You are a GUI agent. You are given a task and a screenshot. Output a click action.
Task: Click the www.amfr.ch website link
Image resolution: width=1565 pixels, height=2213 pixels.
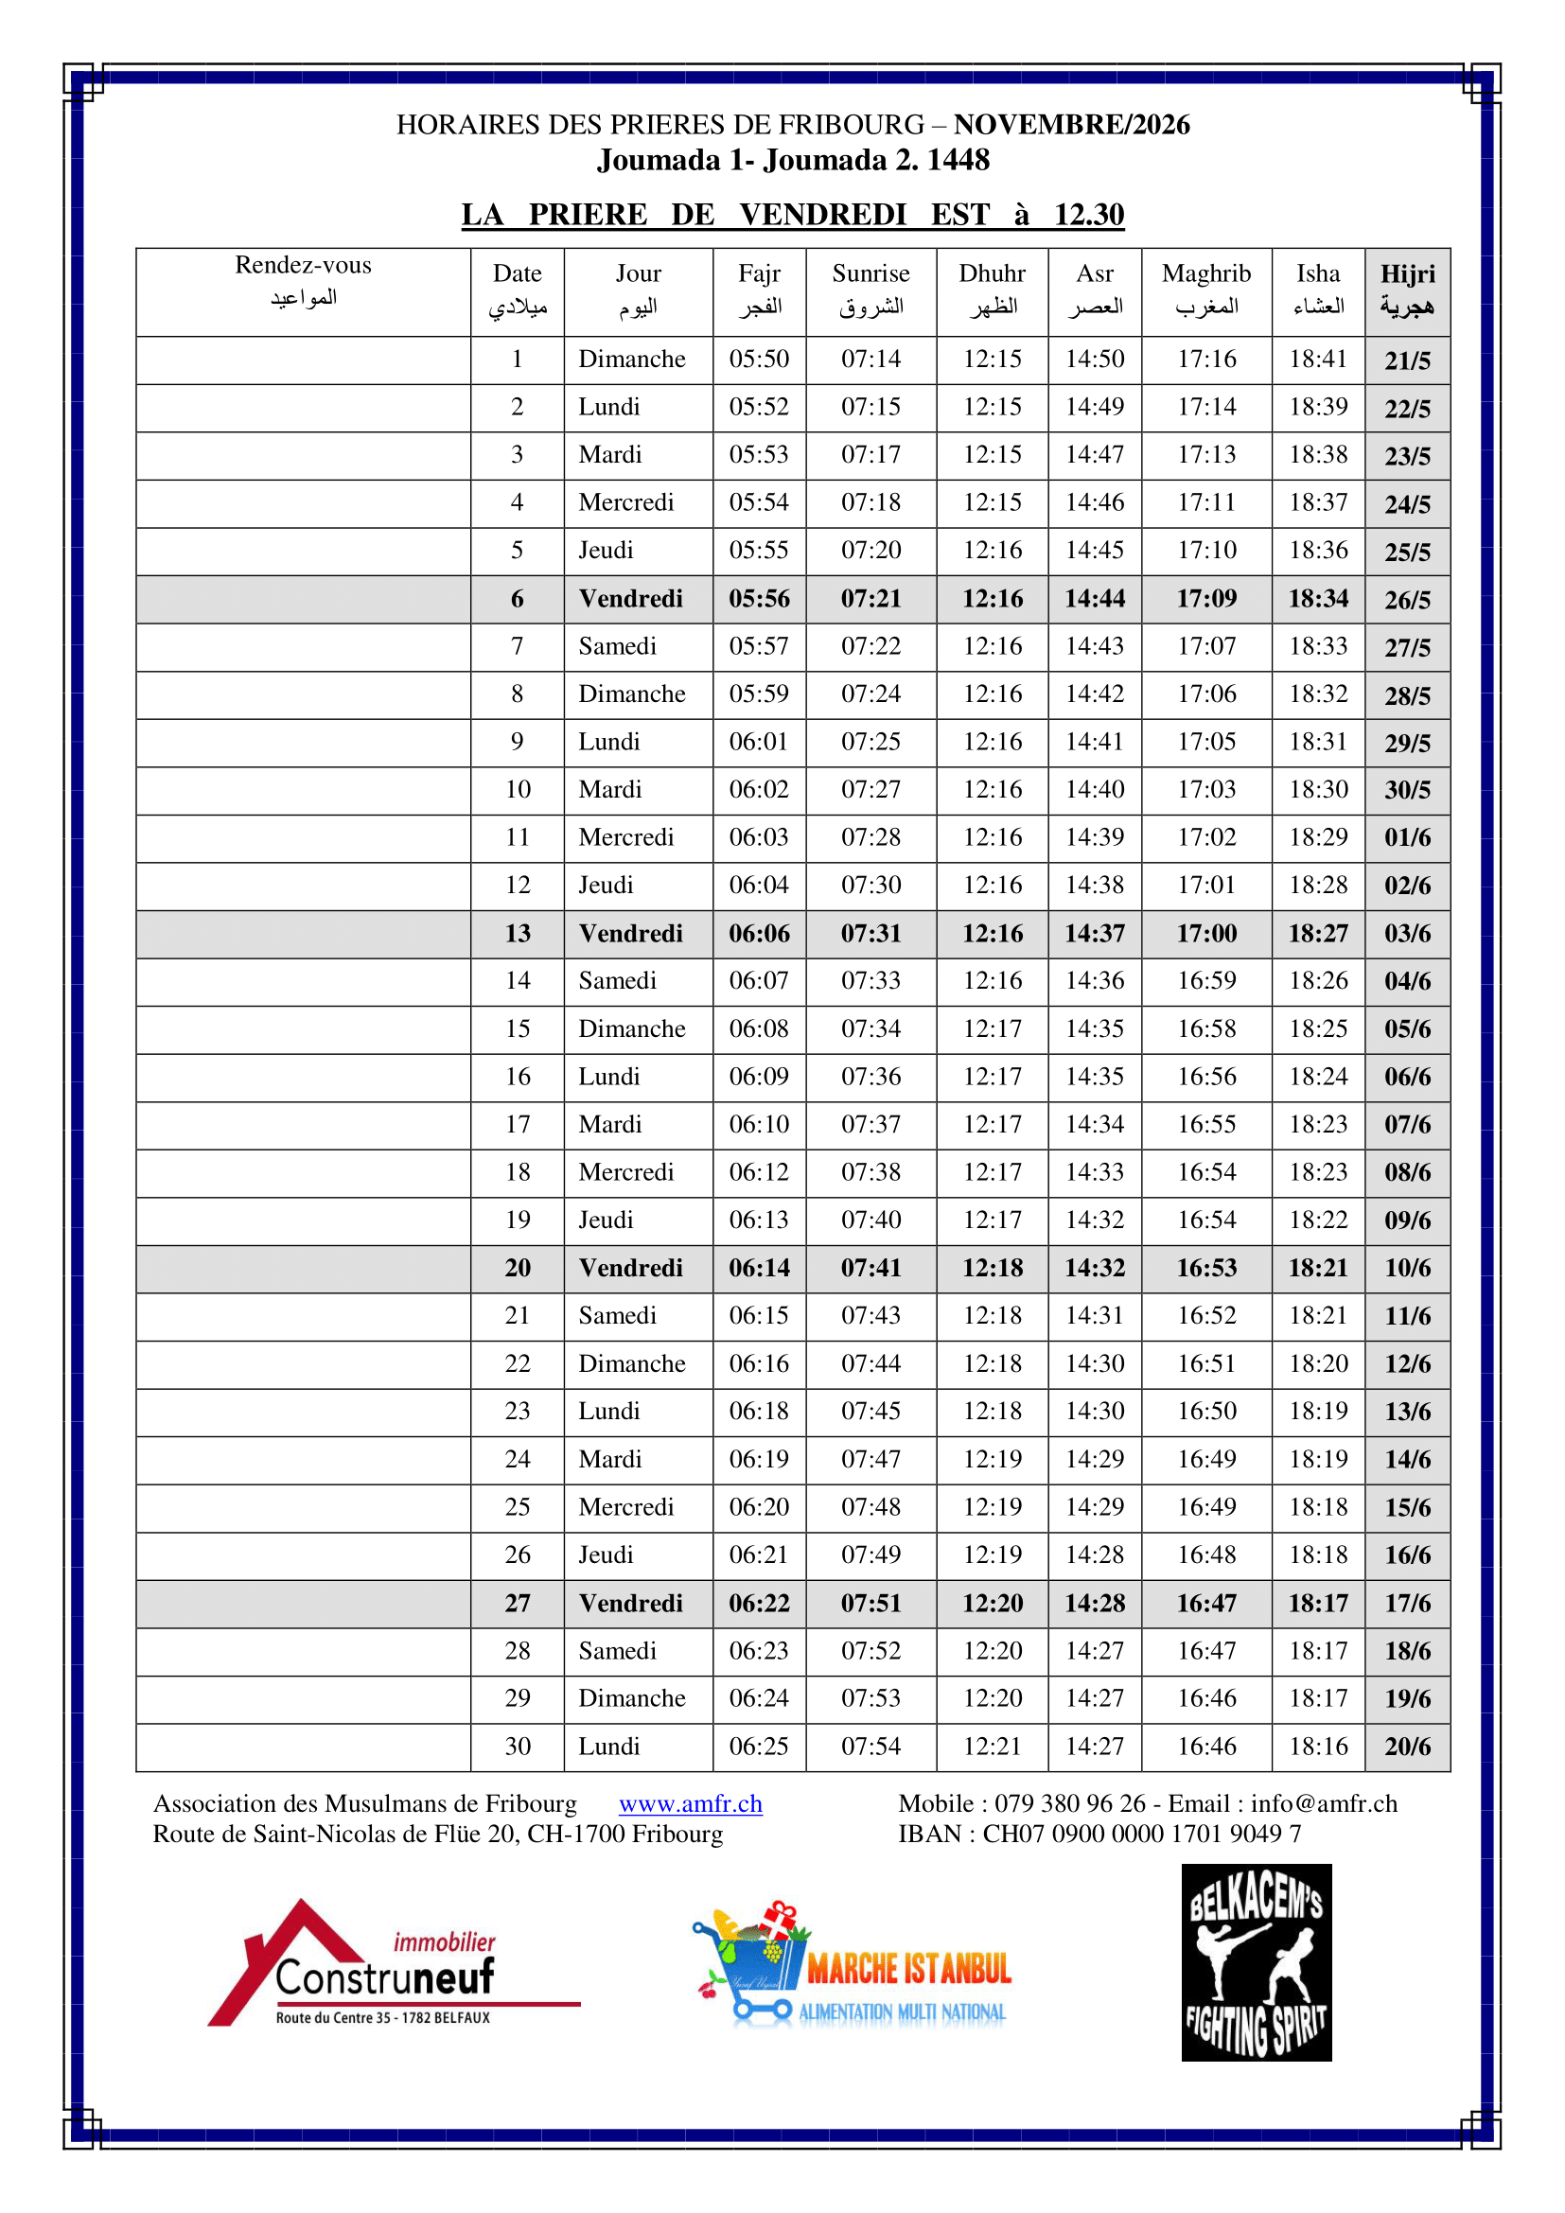pyautogui.click(x=690, y=1803)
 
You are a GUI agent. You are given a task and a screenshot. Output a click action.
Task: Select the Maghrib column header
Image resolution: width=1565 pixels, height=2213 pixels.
pyautogui.click(x=1205, y=290)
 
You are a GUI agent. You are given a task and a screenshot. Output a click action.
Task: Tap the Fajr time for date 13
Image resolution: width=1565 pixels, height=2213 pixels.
pyautogui.click(x=759, y=933)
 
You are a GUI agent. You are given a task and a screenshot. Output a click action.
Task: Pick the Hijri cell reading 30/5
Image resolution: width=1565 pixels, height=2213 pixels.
pyautogui.click(x=1407, y=789)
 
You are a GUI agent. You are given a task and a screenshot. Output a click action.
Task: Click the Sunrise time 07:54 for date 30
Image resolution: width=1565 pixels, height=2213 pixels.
pyautogui.click(x=870, y=1746)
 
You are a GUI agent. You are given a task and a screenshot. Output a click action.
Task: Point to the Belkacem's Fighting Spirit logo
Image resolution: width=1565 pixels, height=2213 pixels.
pyautogui.click(x=1256, y=1962)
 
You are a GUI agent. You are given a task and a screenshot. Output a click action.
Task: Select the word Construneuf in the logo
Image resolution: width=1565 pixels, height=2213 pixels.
pyautogui.click(x=384, y=1977)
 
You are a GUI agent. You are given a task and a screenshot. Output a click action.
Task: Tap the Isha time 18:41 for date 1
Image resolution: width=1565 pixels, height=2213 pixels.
pyautogui.click(x=1317, y=359)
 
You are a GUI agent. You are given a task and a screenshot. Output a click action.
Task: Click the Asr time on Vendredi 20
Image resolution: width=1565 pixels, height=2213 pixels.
pyautogui.click(x=1095, y=1268)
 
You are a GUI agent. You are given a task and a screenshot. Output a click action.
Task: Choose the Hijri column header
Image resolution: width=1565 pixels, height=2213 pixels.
pyautogui.click(x=1407, y=290)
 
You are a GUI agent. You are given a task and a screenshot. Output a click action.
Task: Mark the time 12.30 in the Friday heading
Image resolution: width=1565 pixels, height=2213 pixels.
pyautogui.click(x=1088, y=214)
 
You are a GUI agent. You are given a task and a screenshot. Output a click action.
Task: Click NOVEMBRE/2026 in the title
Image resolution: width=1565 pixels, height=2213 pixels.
pyautogui.click(x=1072, y=124)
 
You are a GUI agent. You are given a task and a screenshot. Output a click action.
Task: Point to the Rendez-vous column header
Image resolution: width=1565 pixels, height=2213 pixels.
pyautogui.click(x=303, y=279)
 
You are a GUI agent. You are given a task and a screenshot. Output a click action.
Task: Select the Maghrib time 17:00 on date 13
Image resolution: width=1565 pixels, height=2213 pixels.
pyautogui.click(x=1205, y=933)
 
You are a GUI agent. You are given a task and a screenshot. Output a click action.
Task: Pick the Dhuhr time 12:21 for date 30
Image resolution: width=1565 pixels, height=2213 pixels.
pyautogui.click(x=992, y=1746)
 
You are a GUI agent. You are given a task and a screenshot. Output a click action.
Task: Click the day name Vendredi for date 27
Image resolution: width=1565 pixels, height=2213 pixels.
pyautogui.click(x=630, y=1603)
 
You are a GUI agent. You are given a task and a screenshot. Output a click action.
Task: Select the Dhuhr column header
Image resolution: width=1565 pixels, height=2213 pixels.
pyautogui.click(x=992, y=290)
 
